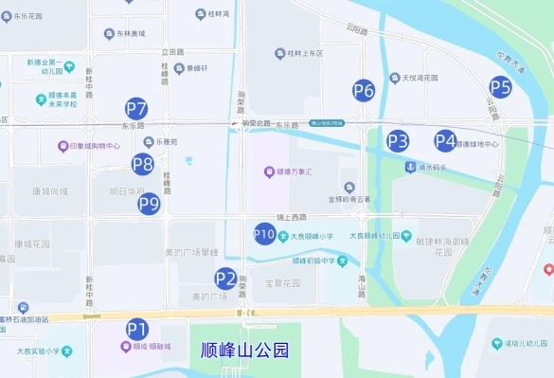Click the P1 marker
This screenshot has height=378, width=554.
137,329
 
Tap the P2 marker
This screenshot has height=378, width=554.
225,279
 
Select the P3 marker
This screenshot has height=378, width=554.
398,142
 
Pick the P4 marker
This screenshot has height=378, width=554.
445,141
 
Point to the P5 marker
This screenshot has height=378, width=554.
500,88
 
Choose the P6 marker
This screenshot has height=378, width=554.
364,91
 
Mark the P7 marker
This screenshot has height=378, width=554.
136,108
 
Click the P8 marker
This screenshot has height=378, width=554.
143,164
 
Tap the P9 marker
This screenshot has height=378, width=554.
149,203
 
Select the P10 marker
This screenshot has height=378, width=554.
265,234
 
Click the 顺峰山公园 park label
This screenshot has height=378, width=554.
244,350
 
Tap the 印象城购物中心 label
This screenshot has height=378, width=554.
95,147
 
